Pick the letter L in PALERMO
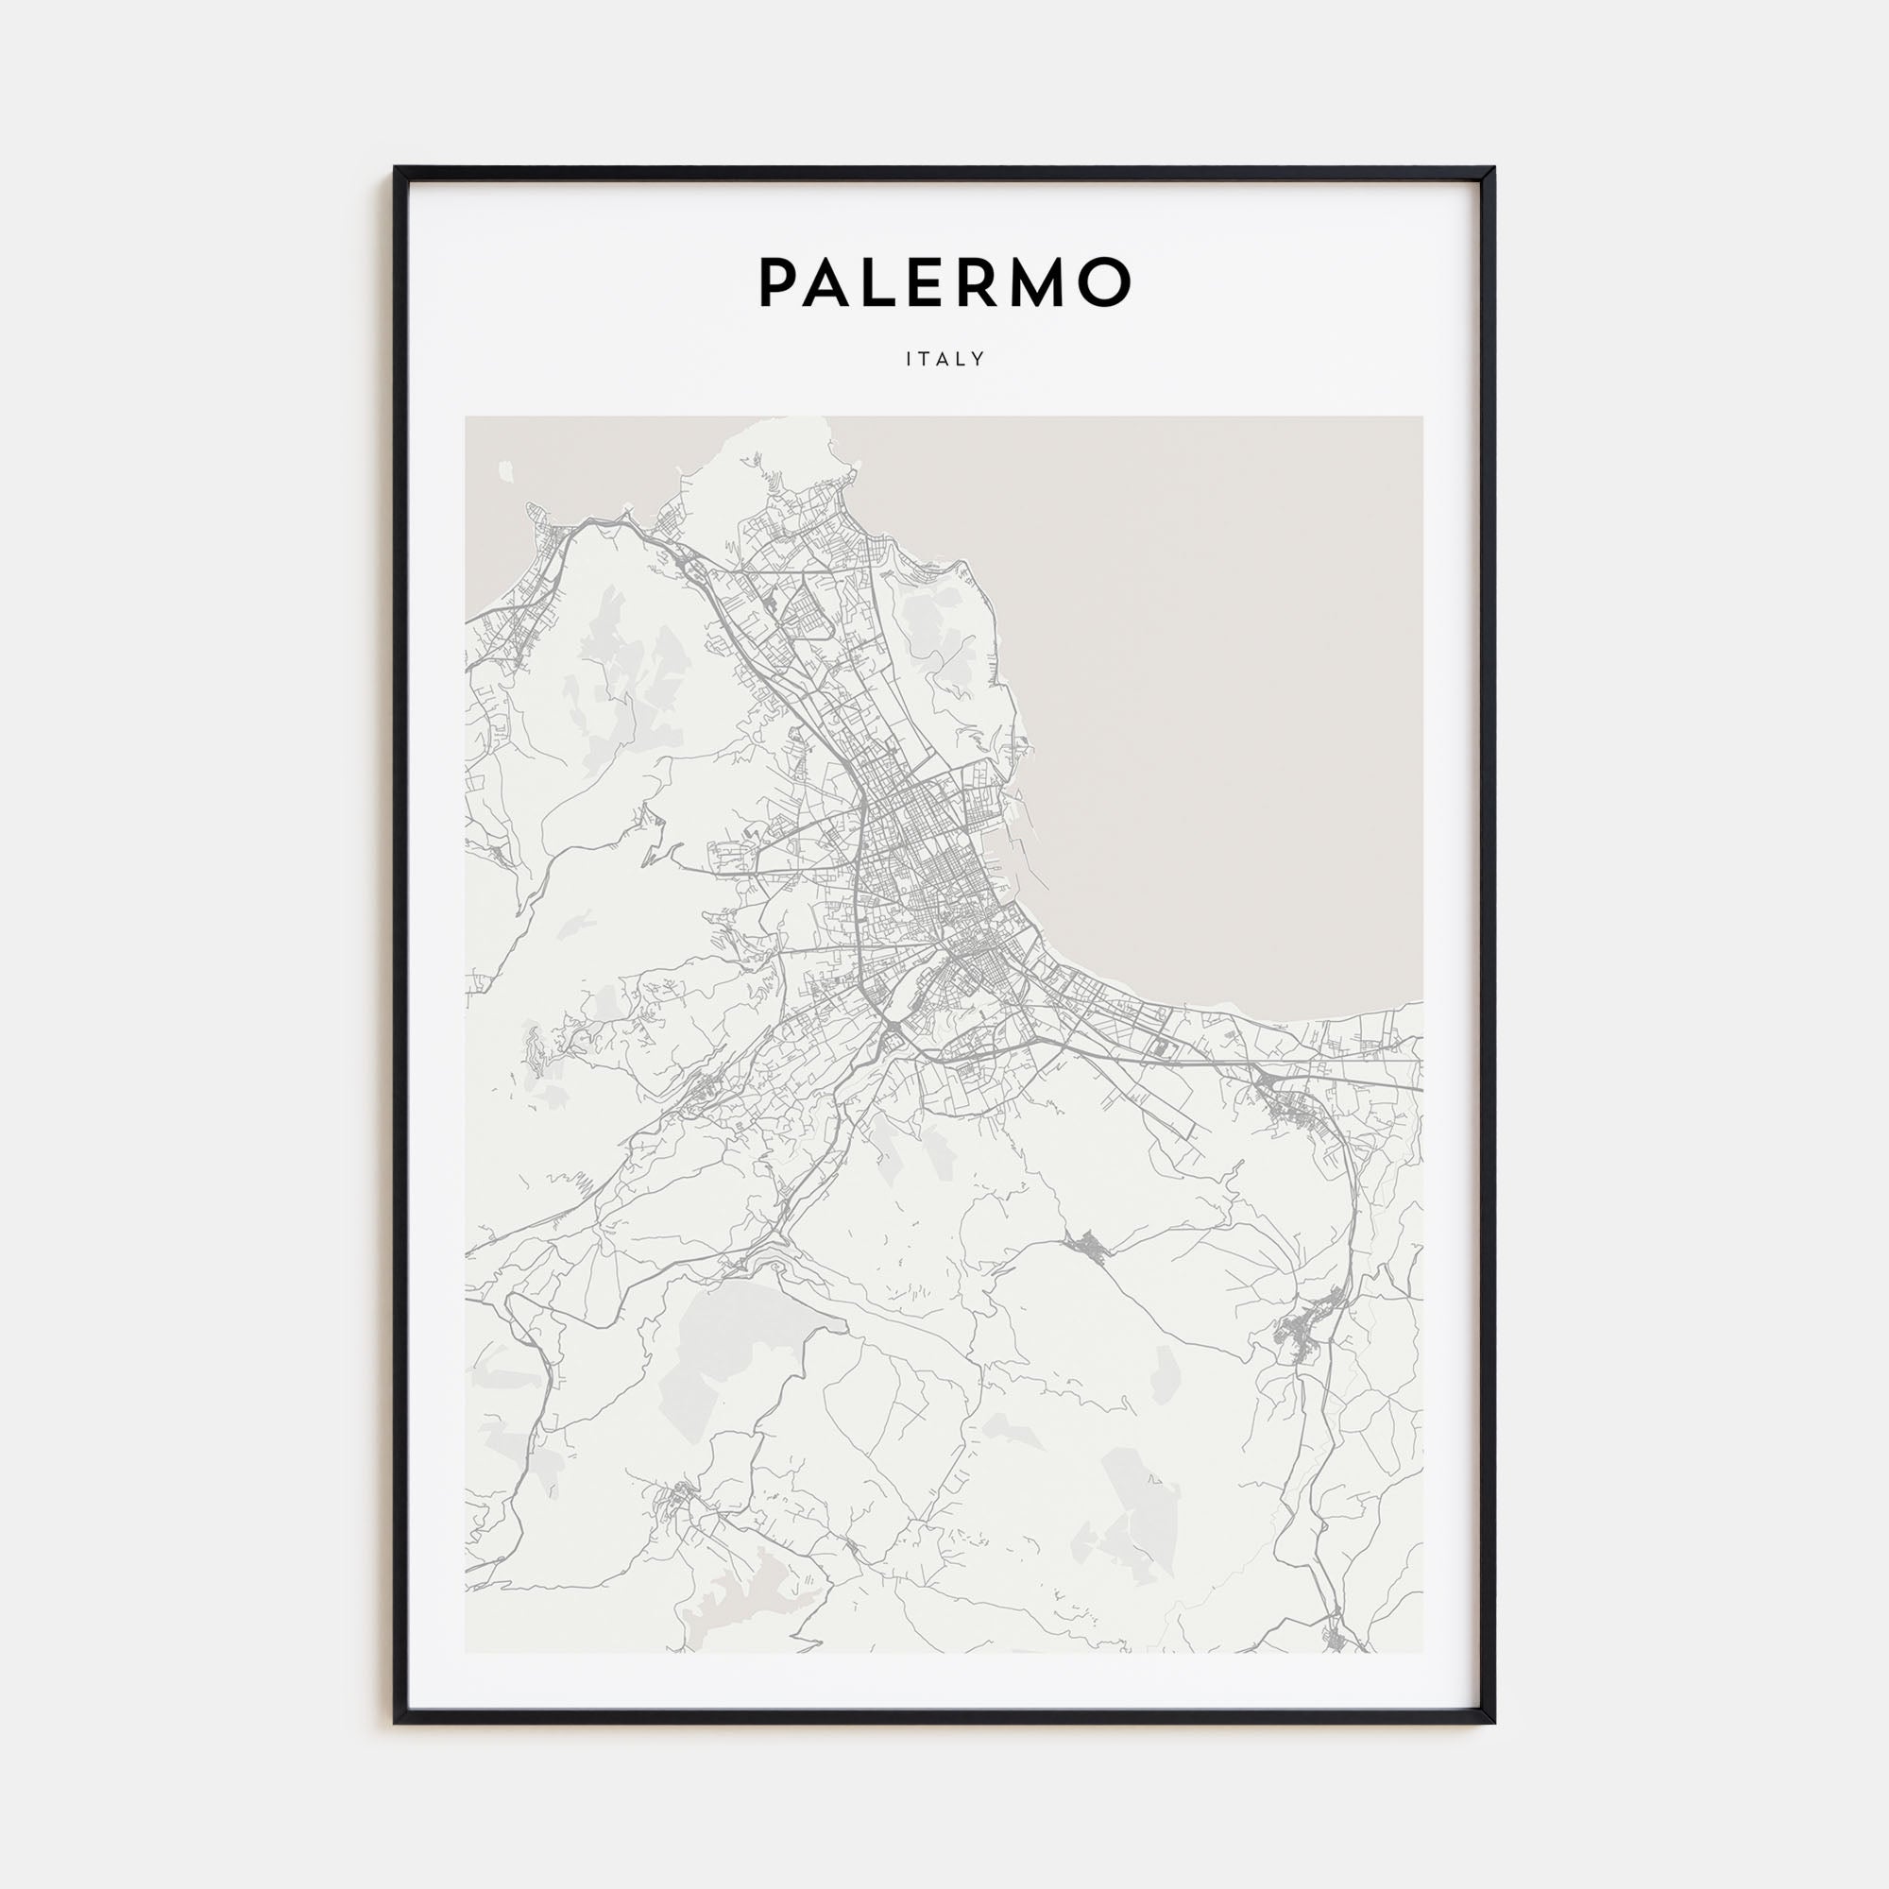click(x=886, y=282)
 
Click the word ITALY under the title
click(x=944, y=359)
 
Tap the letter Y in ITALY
click(x=979, y=359)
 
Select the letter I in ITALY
click(x=910, y=359)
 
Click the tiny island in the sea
click(x=505, y=471)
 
